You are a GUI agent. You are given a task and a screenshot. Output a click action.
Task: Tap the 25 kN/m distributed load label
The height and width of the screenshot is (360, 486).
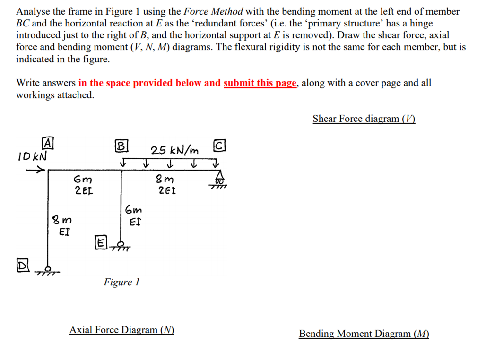pos(174,150)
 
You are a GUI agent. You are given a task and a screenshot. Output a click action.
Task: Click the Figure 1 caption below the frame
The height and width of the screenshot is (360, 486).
pos(121,282)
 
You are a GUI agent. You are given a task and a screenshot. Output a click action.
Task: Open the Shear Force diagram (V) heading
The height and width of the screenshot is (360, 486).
pos(364,119)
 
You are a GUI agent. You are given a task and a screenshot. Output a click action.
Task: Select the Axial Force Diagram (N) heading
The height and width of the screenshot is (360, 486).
pos(121,330)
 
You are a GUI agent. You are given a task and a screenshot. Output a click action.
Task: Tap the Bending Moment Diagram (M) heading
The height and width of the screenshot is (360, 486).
pos(364,334)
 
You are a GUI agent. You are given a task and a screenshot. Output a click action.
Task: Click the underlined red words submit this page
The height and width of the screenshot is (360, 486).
pos(260,83)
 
